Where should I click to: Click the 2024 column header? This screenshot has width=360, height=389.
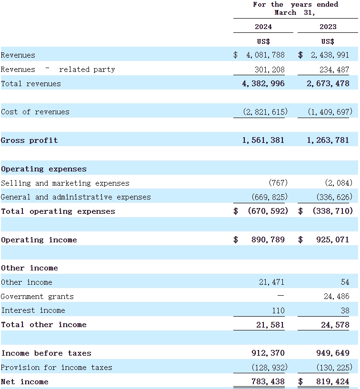tap(263, 27)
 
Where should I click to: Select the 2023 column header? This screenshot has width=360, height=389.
tap(328, 27)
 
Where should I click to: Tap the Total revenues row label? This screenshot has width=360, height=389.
tap(31, 84)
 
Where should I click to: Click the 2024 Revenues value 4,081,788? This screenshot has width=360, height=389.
tap(265, 55)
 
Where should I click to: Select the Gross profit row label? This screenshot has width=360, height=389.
tap(30, 140)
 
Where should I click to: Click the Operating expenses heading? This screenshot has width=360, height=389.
tap(44, 169)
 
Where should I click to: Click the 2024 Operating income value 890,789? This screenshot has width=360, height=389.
tap(268, 240)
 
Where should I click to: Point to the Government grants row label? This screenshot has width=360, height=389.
tap(37, 297)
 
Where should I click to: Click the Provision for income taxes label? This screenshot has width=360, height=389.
tap(57, 368)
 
